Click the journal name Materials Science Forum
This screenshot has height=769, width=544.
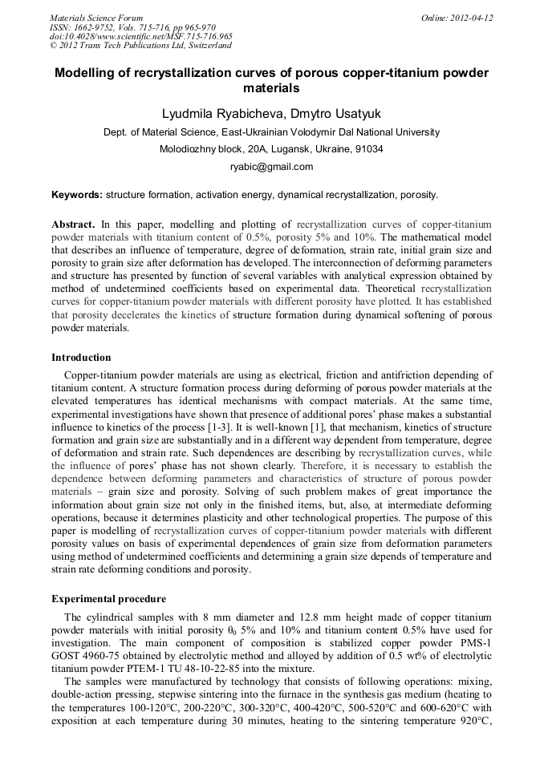tap(96, 18)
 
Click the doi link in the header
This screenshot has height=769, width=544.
tap(141, 37)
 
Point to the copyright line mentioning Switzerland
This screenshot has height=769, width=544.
tap(140, 46)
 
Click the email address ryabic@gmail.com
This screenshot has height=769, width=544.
tap(271, 167)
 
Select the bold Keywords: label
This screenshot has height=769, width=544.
tap(77, 195)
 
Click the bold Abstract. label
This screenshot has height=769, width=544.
tap(74, 224)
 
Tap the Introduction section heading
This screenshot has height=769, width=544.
tap(81, 358)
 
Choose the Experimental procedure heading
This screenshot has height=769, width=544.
tap(108, 599)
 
